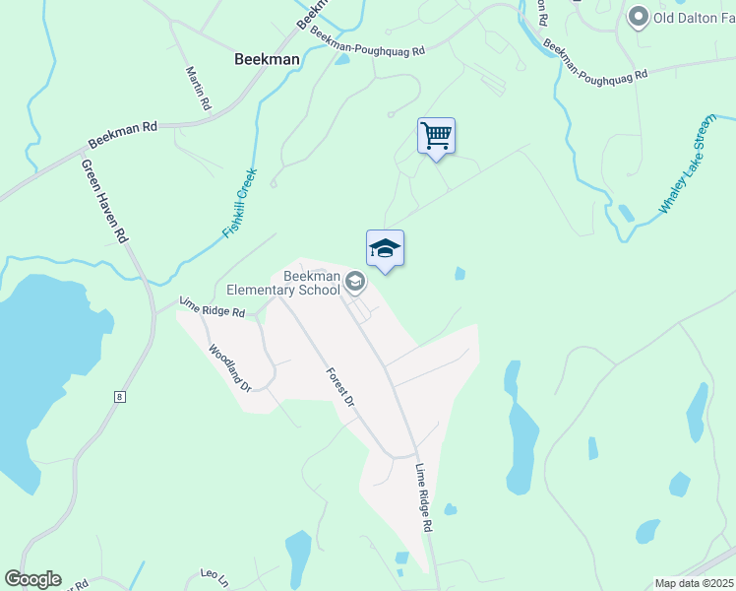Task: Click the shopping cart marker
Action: tap(436, 135)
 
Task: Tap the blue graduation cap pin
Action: tap(385, 248)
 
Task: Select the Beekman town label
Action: tap(267, 59)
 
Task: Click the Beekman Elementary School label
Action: tap(283, 283)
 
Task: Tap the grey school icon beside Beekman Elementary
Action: tap(355, 284)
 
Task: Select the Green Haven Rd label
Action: tap(105, 201)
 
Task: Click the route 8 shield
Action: tap(119, 397)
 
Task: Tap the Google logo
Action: tap(32, 579)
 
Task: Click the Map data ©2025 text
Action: tap(694, 583)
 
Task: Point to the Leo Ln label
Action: tap(215, 573)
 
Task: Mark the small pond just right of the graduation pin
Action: tap(460, 274)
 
